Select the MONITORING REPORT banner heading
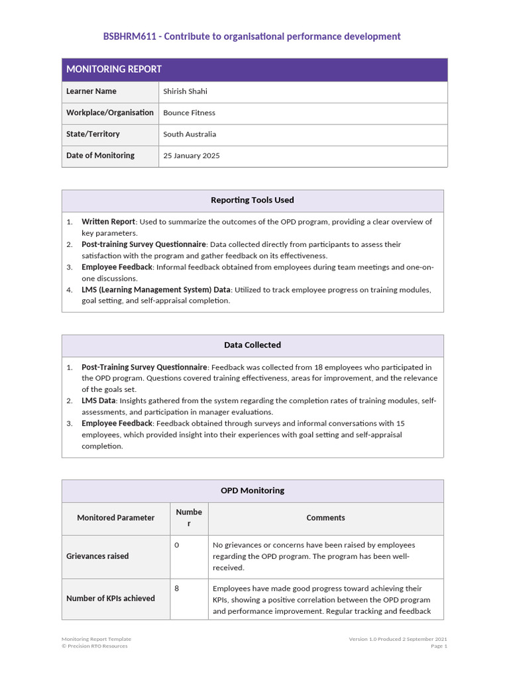(x=113, y=70)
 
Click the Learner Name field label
(x=91, y=91)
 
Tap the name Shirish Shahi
(x=185, y=91)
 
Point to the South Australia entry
(x=190, y=134)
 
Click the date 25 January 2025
(x=192, y=156)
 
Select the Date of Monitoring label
(x=100, y=156)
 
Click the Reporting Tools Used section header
(x=253, y=200)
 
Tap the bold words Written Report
(x=108, y=222)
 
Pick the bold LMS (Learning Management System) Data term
(x=156, y=289)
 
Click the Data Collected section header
(x=253, y=345)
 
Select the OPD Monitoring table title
(x=253, y=491)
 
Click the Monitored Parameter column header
(x=116, y=518)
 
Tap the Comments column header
(x=325, y=518)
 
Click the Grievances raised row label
(x=97, y=556)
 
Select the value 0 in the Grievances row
(x=177, y=545)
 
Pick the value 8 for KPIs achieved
(x=177, y=588)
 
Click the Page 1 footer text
(x=439, y=646)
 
